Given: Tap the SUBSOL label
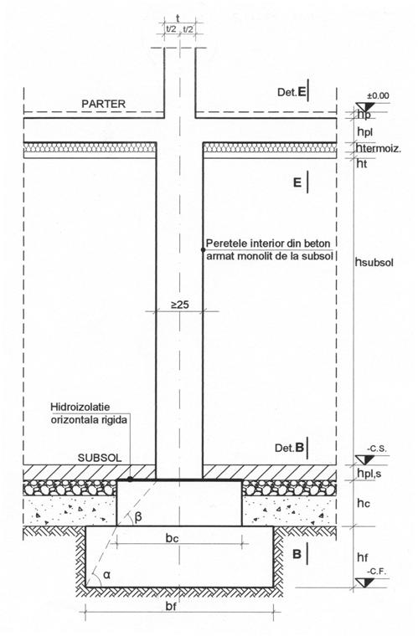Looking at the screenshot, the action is pos(100,458).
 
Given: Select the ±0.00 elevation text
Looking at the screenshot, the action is pos(378,95).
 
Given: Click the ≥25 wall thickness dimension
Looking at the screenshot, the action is pos(180,305).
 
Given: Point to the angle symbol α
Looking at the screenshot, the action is pos(107,574).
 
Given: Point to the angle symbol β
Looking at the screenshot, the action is pos(138,517).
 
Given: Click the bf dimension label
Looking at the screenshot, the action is pos(171,607).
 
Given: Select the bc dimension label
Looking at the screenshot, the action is pos(172,538).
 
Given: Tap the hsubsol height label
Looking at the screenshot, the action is pos(374,263).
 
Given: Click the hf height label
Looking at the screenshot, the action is pos(363,557).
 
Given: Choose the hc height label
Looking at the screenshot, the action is pos(364,503).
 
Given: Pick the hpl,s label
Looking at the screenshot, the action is pos(369,473).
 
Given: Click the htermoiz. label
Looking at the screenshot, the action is pos(379,148).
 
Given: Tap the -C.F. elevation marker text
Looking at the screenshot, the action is pos(377,572).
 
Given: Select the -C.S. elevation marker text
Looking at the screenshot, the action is pos(377,449).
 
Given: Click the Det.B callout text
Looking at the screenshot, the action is pos(289,448).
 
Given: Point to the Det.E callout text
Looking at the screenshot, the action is pos(292,92).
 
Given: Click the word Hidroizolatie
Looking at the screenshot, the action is pos(80,407).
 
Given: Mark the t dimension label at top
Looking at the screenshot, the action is pos(178,18).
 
